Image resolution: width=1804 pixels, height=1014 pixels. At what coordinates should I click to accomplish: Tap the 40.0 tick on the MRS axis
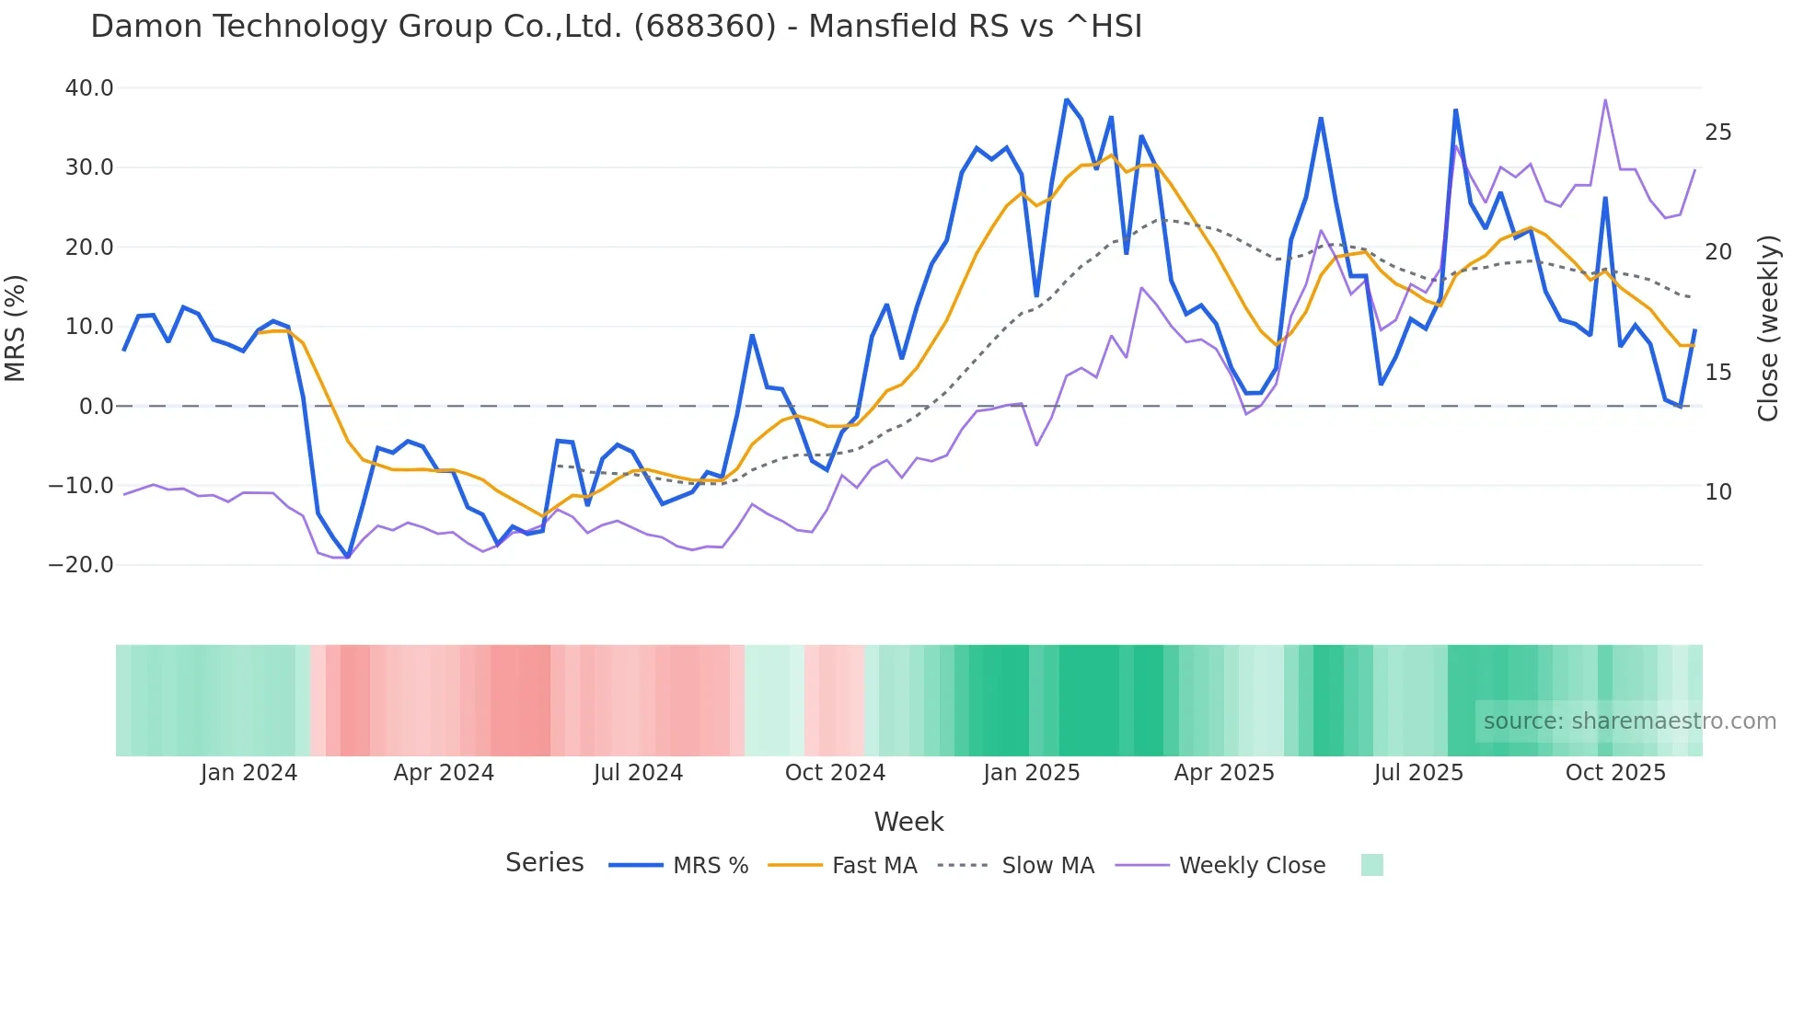[89, 88]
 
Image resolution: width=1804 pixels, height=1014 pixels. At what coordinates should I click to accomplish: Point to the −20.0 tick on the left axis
[81, 565]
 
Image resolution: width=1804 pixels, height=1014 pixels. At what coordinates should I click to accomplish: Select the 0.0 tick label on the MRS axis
[97, 406]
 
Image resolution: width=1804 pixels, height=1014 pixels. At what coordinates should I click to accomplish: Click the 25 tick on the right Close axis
[1717, 133]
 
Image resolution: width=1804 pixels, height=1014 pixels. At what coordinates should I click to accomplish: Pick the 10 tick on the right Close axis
[1717, 492]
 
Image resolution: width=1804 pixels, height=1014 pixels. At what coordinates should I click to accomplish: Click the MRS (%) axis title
[16, 328]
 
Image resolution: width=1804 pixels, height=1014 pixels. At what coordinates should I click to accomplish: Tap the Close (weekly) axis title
[1767, 328]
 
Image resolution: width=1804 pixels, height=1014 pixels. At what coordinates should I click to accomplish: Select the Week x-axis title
[908, 822]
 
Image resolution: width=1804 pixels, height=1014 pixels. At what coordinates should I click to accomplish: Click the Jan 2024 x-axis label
[249, 773]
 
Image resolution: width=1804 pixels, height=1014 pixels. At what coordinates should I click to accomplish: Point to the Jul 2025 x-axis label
[1418, 773]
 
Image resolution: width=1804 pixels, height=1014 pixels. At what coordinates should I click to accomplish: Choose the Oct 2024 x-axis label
[835, 773]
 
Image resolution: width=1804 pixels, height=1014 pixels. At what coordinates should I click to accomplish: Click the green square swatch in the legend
[1371, 865]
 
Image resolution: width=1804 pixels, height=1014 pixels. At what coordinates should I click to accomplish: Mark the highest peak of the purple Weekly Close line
[1605, 99]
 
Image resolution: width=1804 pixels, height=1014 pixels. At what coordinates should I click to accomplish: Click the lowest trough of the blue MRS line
[348, 557]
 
